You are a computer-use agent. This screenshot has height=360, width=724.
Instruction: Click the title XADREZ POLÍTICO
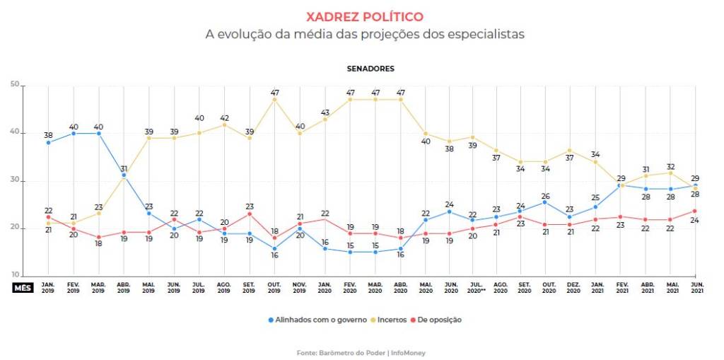364,16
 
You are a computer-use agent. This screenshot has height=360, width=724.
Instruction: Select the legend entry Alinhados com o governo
317,320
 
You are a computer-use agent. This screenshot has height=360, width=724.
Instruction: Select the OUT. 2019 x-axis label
274,288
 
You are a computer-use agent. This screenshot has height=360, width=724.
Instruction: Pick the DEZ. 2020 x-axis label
572,288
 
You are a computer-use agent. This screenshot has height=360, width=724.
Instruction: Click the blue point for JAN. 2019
48,142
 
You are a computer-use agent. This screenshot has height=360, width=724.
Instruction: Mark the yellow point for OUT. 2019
274,100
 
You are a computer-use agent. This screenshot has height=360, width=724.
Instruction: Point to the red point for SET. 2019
250,214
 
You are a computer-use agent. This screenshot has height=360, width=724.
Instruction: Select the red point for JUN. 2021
696,211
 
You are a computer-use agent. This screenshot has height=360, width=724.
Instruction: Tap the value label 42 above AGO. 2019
225,117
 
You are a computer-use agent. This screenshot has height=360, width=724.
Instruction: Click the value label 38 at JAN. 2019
48,134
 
